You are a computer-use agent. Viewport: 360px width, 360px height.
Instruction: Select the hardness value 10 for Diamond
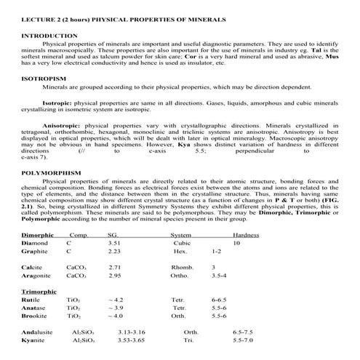tap(236, 244)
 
